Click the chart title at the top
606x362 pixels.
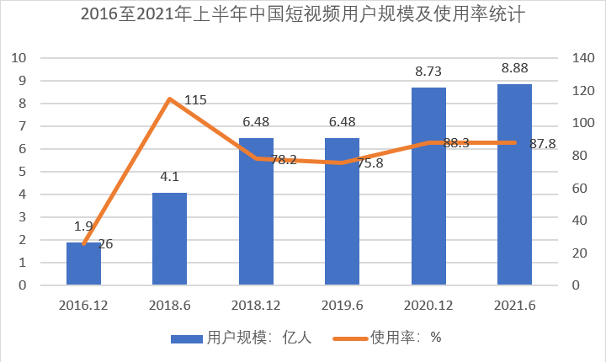[x=302, y=16]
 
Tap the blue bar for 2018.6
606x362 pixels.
[x=169, y=239]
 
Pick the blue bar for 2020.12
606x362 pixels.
[x=428, y=186]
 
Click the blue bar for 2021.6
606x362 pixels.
[x=514, y=184]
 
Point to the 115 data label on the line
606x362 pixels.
[x=195, y=100]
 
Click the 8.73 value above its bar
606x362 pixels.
[x=428, y=72]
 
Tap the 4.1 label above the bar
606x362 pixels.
[x=169, y=177]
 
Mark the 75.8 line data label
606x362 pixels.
[x=369, y=163]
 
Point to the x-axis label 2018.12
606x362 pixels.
[x=256, y=303]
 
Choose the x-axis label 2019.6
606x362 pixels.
[x=343, y=303]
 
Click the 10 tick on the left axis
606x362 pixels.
[x=19, y=58]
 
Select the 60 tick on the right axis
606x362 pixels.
[x=578, y=188]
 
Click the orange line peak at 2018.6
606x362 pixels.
[x=169, y=99]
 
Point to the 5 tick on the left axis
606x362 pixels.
[x=23, y=172]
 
